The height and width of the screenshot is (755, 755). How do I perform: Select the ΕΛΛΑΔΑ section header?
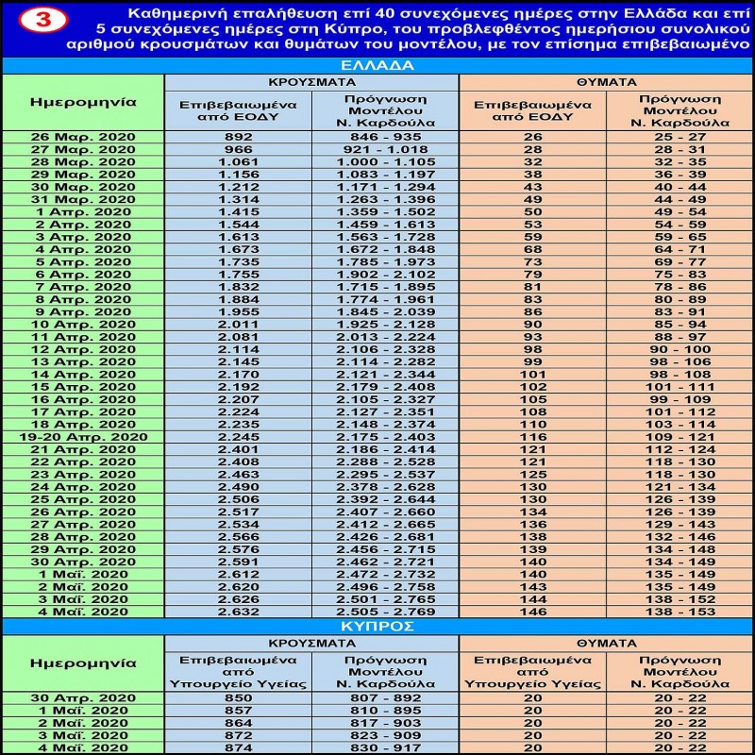tap(377, 66)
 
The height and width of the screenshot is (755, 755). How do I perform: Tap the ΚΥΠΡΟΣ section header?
tap(377, 626)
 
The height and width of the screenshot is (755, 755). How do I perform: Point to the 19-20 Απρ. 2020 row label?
tap(83, 436)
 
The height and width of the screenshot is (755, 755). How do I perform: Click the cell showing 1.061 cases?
tap(238, 161)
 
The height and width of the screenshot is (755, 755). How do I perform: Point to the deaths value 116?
tap(533, 436)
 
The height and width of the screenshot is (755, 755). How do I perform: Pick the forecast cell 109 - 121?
tap(679, 436)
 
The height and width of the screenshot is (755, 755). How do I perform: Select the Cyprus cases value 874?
tap(238, 747)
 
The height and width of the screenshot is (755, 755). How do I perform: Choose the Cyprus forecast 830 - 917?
tap(384, 747)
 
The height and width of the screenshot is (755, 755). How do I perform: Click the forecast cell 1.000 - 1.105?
tap(384, 161)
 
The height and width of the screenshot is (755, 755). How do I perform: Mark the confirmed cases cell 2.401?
tap(238, 449)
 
